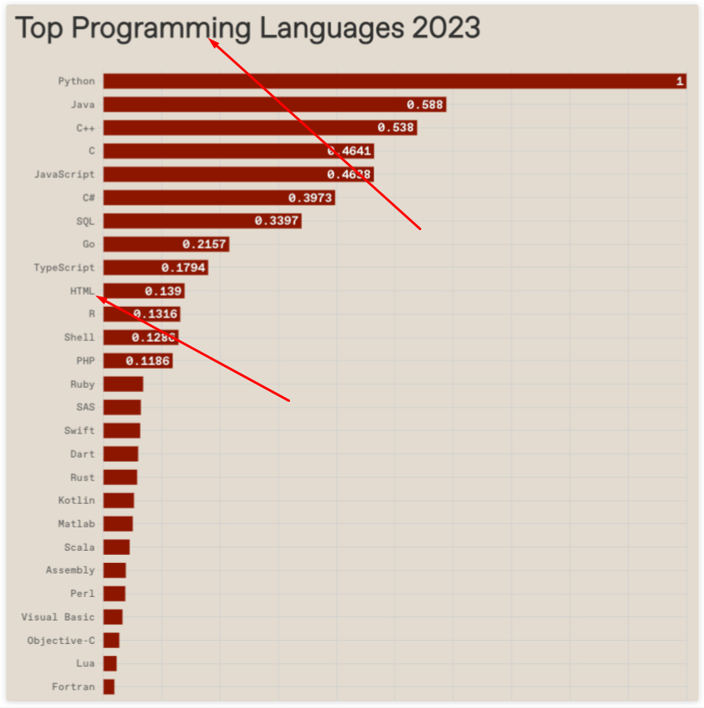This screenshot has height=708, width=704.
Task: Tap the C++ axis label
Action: [85, 128]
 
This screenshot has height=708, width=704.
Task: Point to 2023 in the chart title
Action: [446, 28]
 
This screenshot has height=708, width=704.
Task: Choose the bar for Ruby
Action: [123, 384]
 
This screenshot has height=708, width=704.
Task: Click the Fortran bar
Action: [109, 687]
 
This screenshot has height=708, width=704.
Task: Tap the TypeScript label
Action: [64, 267]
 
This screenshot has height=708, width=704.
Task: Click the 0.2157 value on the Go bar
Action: [203, 244]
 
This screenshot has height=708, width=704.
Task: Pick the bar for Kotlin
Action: [118, 501]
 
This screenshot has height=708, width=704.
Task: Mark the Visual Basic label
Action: [58, 617]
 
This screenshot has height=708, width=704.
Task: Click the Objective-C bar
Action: [111, 640]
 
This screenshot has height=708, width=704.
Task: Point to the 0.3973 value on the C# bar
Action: [309, 198]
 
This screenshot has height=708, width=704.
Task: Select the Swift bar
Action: [122, 431]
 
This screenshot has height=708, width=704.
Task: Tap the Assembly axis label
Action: [70, 570]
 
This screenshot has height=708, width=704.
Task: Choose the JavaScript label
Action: [64, 174]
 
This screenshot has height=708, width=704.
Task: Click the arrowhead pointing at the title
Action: [212, 41]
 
